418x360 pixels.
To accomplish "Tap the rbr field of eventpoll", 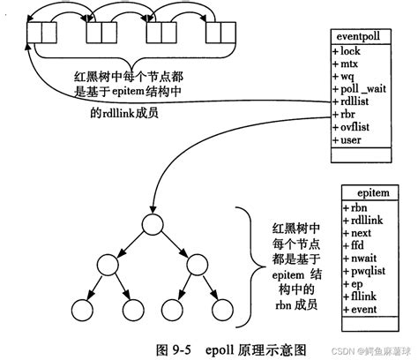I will pos(345,113).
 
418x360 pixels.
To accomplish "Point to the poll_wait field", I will pos(357,88).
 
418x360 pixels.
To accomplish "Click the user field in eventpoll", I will pos(347,138).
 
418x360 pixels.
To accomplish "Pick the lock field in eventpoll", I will pos(347,52).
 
